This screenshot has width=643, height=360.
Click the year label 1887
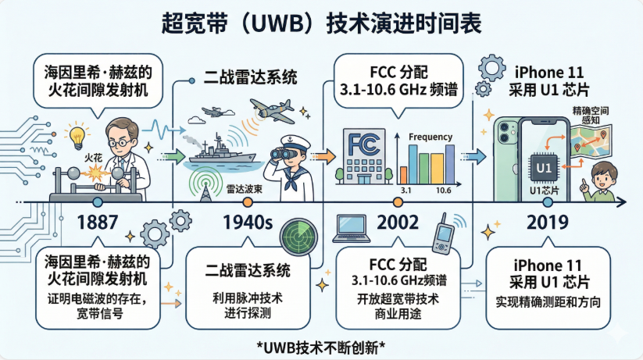tap(99, 222)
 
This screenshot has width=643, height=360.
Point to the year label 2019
tap(548, 222)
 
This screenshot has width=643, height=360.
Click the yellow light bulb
tap(77, 137)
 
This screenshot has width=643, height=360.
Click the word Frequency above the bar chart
tap(430, 137)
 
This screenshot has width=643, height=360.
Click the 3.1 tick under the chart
tap(406, 191)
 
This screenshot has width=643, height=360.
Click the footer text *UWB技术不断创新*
tap(322, 346)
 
